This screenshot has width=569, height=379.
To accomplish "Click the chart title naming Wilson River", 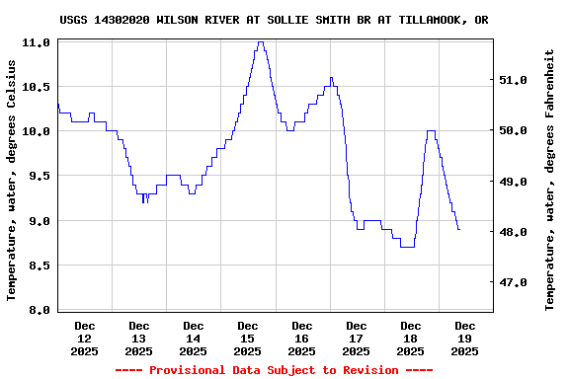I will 274,20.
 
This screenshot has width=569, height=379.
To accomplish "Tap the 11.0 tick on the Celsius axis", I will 37,42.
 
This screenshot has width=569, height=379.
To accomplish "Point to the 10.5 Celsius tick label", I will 37,87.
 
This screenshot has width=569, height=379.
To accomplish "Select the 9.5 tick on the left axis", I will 37,176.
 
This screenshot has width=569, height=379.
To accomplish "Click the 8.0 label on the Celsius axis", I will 37,310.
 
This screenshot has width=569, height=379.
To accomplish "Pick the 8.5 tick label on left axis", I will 37,265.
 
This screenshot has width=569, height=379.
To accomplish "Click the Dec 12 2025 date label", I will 85,338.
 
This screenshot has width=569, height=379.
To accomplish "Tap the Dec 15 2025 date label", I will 248,338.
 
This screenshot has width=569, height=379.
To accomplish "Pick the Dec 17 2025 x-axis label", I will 357,338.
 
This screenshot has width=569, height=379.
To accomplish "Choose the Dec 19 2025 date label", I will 465,338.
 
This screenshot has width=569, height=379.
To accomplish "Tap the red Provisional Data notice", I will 274,370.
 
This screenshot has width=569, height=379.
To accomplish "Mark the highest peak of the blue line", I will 260,42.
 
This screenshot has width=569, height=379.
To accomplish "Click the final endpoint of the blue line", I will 459,229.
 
